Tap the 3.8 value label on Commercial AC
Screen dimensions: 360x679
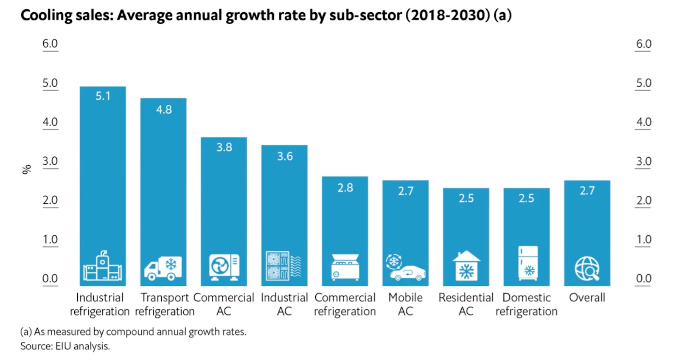pos(224,147)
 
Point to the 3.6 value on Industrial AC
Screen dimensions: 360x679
pos(285,156)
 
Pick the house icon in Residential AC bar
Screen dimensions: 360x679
pos(466,266)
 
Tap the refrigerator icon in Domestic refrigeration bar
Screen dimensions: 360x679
pos(527,263)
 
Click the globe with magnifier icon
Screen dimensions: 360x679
pos(587,268)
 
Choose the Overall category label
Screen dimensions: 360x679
pos(587,298)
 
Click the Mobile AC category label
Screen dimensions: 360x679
pos(405,304)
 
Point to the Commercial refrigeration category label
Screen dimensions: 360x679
pos(345,304)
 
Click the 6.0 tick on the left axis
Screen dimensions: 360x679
pos(50,44)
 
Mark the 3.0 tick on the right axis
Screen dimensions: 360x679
pos(643,161)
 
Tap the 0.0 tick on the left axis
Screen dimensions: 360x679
pos(50,278)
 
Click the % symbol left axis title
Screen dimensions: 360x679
pos(27,169)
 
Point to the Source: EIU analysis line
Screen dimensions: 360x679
pos(65,346)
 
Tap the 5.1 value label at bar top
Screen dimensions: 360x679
pos(103,96)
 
